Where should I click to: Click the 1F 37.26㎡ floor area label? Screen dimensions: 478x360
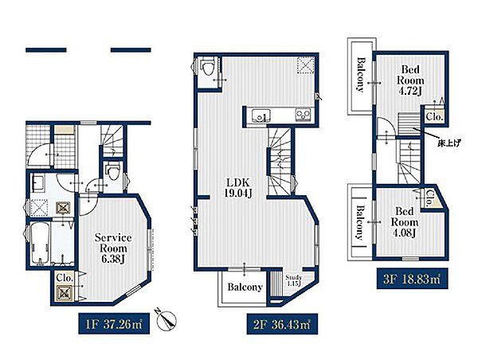tap(114, 323)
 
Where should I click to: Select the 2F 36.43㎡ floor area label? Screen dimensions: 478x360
tap(282, 323)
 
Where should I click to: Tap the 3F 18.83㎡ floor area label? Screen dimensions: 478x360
tap(412, 278)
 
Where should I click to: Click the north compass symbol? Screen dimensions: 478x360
tap(167, 319)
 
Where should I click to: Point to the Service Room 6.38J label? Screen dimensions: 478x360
tap(113, 248)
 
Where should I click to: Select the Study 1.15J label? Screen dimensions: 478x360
tap(293, 280)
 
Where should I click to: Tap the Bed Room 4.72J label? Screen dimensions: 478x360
tap(410, 80)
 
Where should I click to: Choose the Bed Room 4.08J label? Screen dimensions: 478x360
tap(404, 222)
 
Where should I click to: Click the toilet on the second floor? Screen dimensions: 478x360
tap(208, 67)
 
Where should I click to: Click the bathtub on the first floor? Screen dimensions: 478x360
tap(41, 243)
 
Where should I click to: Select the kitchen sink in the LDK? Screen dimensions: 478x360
tap(261, 115)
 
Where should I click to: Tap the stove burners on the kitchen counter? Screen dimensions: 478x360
tap(303, 115)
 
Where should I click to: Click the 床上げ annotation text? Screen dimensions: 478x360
tap(449, 142)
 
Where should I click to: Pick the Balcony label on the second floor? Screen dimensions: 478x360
tap(245, 287)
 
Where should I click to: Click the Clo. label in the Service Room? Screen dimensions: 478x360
tap(65, 278)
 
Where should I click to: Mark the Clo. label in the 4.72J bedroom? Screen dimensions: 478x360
tap(434, 116)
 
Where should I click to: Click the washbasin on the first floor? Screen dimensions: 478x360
tap(38, 183)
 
